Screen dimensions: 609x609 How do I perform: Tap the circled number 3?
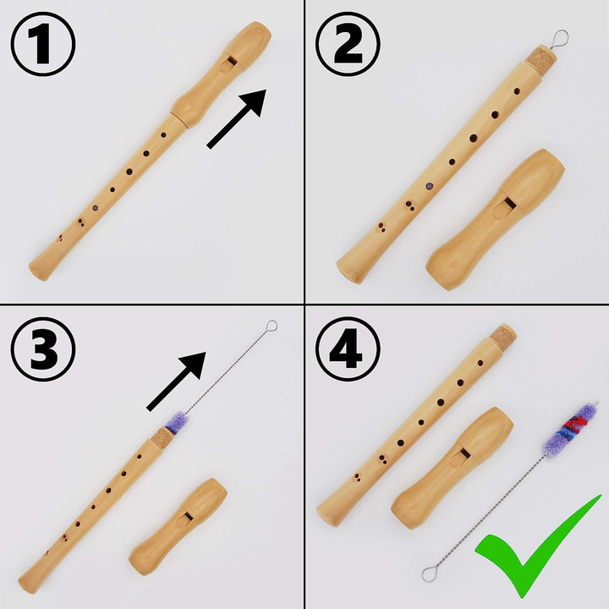[x=42, y=348]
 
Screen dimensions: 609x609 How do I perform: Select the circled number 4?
[x=347, y=348]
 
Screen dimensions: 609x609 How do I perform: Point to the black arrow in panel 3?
[x=178, y=381]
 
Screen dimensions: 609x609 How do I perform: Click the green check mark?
[x=538, y=546]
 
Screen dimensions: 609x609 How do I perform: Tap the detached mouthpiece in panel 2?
[x=496, y=219]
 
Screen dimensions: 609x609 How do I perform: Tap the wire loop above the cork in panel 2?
[x=559, y=37]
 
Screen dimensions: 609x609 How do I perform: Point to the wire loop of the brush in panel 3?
[x=271, y=325]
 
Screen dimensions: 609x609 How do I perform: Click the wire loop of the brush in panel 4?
[x=429, y=574]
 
